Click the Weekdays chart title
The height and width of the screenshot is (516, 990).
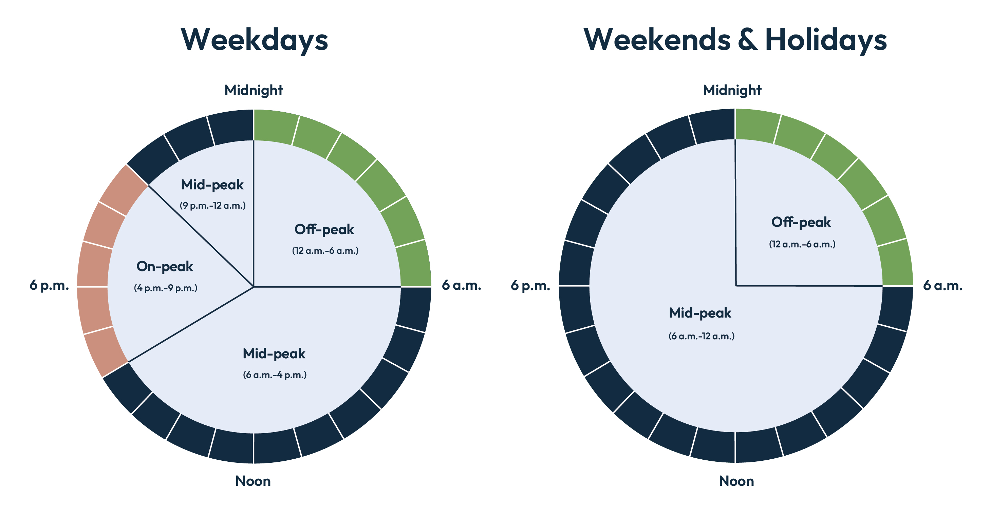click(254, 40)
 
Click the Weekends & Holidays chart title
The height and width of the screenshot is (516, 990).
click(735, 40)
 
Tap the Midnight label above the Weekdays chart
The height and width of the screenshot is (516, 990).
click(254, 90)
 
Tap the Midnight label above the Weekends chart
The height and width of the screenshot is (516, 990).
click(732, 90)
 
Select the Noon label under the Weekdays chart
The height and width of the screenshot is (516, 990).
click(253, 481)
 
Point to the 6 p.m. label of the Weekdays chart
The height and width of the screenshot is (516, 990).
click(49, 285)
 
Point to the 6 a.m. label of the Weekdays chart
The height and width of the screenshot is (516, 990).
click(461, 285)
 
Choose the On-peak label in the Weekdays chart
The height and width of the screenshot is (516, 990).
click(165, 267)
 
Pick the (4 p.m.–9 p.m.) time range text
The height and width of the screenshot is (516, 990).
click(166, 288)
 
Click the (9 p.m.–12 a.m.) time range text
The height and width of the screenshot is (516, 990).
click(212, 206)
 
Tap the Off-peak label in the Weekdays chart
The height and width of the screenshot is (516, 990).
click(324, 230)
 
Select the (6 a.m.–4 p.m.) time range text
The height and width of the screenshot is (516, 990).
click(275, 375)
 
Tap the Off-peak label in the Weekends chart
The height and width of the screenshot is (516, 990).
click(801, 223)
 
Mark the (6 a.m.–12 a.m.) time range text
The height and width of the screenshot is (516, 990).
click(702, 337)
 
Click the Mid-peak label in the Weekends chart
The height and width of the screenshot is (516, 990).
click(700, 313)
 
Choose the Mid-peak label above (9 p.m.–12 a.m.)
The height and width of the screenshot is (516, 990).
click(212, 185)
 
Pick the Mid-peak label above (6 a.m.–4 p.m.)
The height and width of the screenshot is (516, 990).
click(274, 354)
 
